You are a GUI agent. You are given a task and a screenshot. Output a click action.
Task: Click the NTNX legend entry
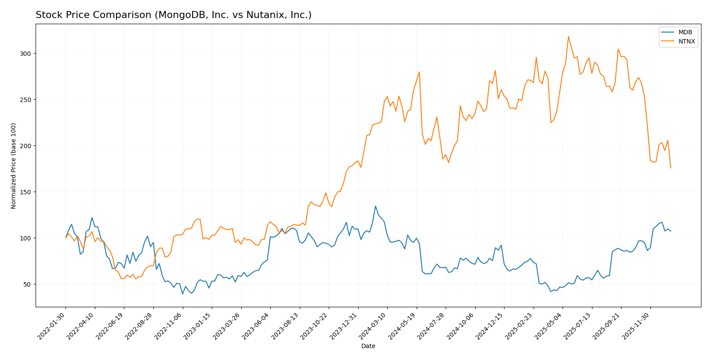click(687, 42)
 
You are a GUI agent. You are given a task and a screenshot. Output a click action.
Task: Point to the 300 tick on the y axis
click(27, 54)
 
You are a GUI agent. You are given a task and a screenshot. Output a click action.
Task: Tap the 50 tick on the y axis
click(29, 284)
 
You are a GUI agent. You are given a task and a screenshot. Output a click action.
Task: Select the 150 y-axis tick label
click(27, 192)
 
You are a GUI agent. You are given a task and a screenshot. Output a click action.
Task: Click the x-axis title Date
click(368, 346)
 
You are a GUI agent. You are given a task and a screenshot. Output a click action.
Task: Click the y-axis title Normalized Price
click(14, 166)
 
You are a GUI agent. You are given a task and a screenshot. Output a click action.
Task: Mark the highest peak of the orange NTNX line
click(568, 36)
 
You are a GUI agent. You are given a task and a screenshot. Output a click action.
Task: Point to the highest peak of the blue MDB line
click(375, 206)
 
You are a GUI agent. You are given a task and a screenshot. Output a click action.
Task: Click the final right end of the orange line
click(671, 168)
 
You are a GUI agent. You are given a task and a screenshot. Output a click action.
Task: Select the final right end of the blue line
click(671, 231)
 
